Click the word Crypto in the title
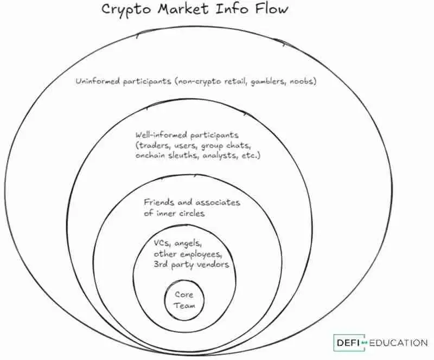[x=126, y=10]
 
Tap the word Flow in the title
[x=272, y=8]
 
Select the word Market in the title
[x=183, y=8]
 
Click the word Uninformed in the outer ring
[x=98, y=81]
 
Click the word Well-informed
[x=161, y=135]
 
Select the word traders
[x=153, y=145]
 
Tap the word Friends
[x=159, y=202]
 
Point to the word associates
[x=218, y=203]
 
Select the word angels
[x=188, y=244]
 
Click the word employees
[x=203, y=255]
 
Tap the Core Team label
[x=184, y=300]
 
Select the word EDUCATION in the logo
[x=398, y=343]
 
